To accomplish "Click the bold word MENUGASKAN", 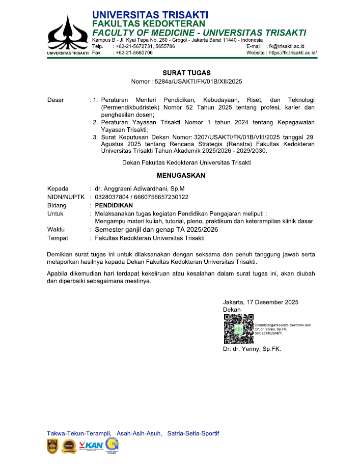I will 181,176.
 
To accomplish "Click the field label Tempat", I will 58,238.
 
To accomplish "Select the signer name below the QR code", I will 252,349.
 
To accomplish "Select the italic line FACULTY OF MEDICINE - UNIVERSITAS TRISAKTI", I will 199,33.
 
